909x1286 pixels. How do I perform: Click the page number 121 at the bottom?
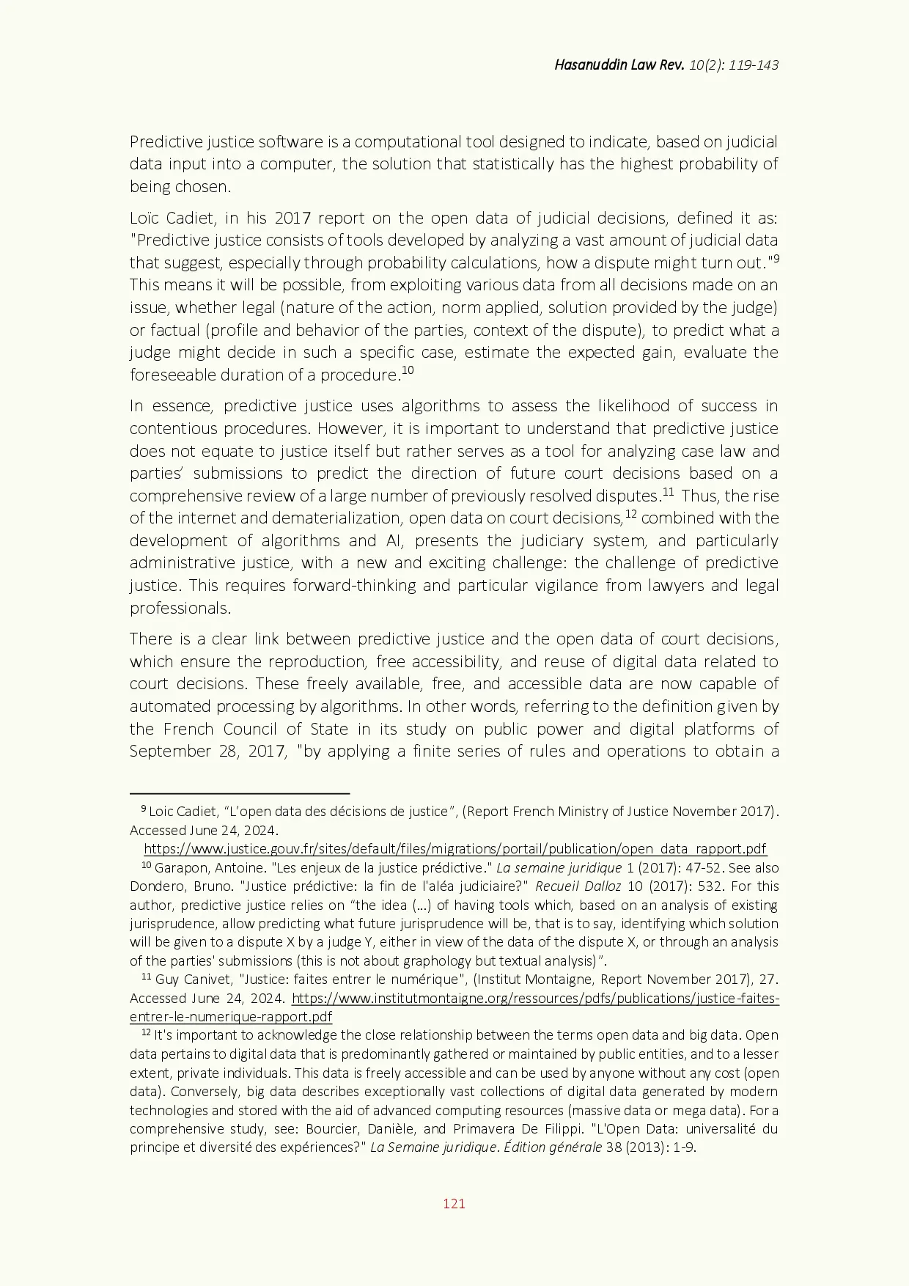[x=454, y=1203]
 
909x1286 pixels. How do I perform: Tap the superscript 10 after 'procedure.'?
[x=408, y=370]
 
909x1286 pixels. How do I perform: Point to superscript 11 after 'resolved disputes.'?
[x=668, y=491]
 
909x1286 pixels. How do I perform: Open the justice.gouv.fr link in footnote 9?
[x=454, y=849]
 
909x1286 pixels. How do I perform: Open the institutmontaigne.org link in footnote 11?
[x=535, y=999]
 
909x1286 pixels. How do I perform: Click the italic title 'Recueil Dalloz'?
[x=578, y=886]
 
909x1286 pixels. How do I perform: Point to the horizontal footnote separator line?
[x=239, y=793]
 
